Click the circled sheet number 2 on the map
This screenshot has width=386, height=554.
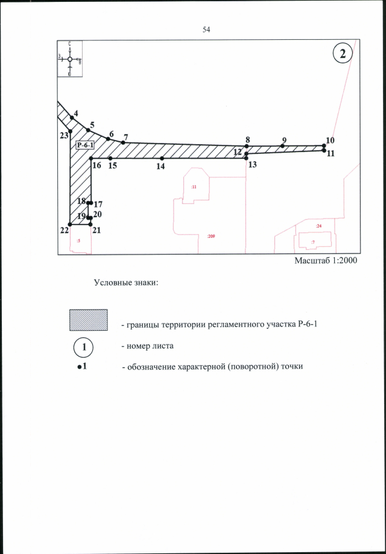[342, 54]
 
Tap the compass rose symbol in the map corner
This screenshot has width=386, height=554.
[70, 59]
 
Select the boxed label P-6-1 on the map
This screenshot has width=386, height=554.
[86, 145]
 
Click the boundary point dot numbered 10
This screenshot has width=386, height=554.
[324, 145]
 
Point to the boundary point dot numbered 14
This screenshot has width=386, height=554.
[162, 158]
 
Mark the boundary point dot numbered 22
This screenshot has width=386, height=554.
[71, 224]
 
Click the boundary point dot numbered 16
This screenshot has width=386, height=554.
[90, 158]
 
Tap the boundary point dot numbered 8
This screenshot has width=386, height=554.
[247, 146]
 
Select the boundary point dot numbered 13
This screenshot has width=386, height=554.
[247, 158]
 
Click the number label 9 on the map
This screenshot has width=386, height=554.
[283, 140]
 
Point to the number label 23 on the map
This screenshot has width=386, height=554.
[63, 136]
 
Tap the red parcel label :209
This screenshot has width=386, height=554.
[210, 237]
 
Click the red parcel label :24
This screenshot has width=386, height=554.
[318, 226]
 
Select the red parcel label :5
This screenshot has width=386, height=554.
[78, 240]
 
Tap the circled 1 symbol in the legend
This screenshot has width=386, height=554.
[85, 348]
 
